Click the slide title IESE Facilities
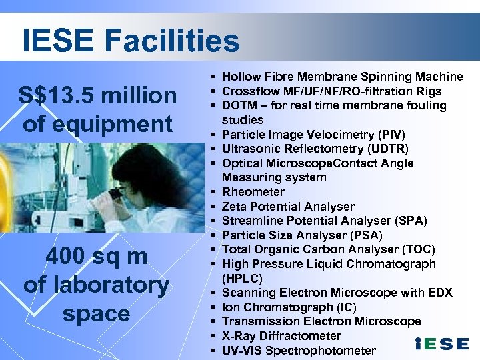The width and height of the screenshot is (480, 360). pos(131,40)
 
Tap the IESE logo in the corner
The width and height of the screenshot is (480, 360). pos(441,344)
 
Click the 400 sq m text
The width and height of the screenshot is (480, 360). pos(96,255)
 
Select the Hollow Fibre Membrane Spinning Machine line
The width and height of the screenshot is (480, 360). pos(342,77)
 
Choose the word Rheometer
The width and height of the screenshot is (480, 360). pos(253,192)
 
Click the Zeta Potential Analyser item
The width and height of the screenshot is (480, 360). pos(288,207)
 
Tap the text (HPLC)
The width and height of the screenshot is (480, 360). pos(242,278)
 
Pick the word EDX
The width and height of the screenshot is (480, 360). pos(437,293)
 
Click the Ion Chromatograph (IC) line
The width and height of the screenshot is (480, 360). pos(289,307)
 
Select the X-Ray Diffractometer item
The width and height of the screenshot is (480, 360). pos(281,336)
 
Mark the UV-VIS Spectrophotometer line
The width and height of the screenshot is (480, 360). pos(299,351)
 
